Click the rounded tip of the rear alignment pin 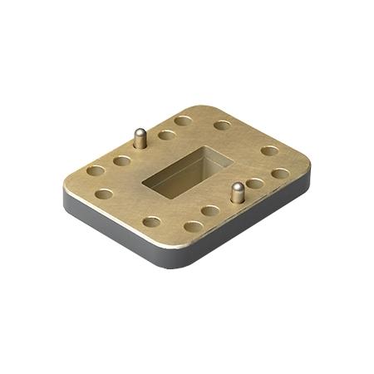(x=140, y=131)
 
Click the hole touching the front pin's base (x=254, y=183)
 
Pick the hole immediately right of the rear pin (x=167, y=135)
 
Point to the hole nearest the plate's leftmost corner (x=96, y=171)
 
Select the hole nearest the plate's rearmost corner (x=184, y=121)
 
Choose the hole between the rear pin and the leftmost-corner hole (x=121, y=160)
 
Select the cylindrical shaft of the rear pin (x=140, y=140)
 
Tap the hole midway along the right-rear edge (x=269, y=150)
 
